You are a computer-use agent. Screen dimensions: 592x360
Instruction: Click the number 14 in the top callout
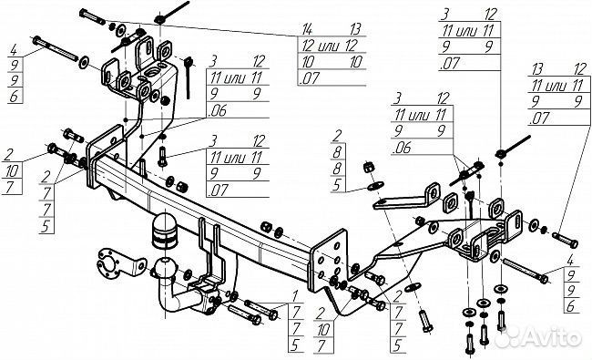[309, 29]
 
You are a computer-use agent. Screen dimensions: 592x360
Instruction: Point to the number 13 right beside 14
[355, 29]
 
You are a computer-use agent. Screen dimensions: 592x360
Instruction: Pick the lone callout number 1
[294, 294]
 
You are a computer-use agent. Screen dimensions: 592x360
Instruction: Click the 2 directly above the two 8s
[337, 136]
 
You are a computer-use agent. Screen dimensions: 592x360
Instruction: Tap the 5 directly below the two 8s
[337, 185]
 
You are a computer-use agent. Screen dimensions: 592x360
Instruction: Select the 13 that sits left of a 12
[537, 69]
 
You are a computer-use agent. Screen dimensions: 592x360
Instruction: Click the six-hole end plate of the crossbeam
[328, 261]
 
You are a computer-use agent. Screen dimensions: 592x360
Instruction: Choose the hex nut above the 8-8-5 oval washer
[369, 168]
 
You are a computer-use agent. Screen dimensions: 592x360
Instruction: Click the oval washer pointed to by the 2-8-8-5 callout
[375, 186]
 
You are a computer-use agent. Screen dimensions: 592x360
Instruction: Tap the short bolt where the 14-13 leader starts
[92, 17]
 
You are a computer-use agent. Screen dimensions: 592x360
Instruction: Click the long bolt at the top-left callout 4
[56, 48]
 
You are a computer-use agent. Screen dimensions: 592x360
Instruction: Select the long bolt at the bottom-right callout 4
[525, 271]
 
